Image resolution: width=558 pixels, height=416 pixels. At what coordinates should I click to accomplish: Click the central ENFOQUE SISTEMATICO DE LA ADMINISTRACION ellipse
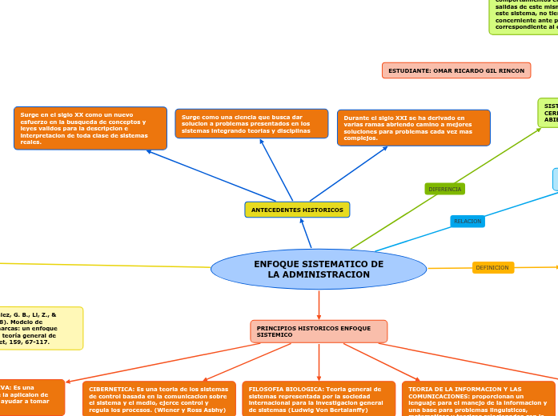[319, 269]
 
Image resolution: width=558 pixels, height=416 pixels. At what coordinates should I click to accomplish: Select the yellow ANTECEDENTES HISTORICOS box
[297, 210]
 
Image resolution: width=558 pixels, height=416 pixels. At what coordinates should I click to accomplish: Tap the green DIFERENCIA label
[444, 189]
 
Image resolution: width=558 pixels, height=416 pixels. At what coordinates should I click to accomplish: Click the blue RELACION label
[468, 221]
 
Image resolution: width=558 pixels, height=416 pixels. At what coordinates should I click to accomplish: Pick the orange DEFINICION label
[492, 268]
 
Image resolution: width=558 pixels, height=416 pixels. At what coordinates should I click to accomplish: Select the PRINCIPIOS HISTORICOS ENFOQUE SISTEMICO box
[319, 331]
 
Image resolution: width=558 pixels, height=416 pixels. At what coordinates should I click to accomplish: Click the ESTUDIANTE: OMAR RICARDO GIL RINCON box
[456, 70]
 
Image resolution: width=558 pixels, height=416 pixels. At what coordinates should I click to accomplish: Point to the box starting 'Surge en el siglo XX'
[90, 128]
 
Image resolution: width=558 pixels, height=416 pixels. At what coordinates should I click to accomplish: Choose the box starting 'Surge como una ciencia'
[251, 123]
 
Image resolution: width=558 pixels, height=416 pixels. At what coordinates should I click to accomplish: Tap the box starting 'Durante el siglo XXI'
[413, 127]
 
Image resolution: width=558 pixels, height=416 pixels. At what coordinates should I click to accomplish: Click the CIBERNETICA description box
[159, 398]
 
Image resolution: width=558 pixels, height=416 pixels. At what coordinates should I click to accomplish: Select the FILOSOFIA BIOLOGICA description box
[319, 398]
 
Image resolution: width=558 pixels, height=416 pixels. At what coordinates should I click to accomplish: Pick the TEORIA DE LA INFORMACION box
[479, 399]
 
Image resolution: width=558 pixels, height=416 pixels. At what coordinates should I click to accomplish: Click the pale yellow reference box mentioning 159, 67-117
[40, 328]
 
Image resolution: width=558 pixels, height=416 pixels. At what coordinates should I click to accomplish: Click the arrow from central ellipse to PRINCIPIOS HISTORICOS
[319, 305]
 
